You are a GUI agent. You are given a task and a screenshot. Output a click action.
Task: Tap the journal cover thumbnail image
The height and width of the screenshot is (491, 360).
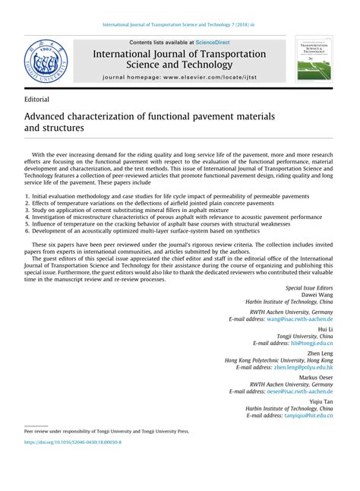tap(315, 62)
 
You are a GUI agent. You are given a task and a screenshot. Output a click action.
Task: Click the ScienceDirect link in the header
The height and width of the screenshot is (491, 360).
tap(214, 42)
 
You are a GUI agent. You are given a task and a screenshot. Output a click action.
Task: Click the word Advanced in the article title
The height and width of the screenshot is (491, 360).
tap(52, 118)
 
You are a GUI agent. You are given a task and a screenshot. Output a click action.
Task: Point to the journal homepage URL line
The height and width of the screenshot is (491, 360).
tap(179, 78)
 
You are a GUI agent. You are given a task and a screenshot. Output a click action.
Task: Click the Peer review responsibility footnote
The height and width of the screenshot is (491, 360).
tap(106, 431)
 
